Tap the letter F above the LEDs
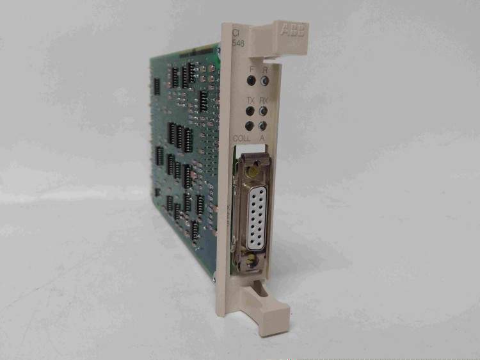click(x=252, y=69)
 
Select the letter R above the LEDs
click(x=264, y=69)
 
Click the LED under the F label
click(x=252, y=81)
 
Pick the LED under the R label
click(x=264, y=81)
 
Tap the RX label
click(x=264, y=101)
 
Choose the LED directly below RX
click(x=264, y=111)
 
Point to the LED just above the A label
click(x=263, y=126)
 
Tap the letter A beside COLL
click(x=262, y=138)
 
